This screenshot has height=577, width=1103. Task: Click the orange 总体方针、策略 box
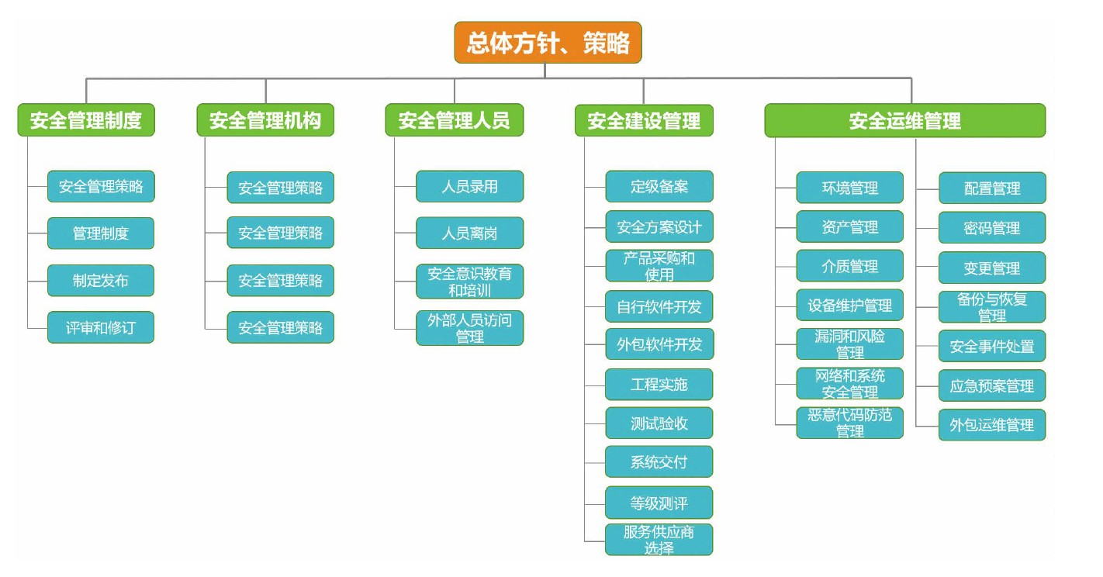pos(548,43)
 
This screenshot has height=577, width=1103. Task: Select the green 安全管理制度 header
pos(86,120)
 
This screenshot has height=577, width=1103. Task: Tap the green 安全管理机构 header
pos(265,120)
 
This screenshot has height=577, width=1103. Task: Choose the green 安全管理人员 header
pos(455,120)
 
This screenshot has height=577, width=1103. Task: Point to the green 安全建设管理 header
pos(644,120)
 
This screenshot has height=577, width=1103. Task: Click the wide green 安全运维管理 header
pos(904,120)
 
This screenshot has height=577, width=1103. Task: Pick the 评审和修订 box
pos(101,327)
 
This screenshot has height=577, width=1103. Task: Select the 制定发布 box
pos(101,281)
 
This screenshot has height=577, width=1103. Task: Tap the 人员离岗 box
pos(469,233)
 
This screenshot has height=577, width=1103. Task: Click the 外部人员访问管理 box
pos(469,328)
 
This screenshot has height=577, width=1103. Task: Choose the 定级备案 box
pos(659,187)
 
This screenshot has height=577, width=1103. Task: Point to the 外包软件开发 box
pos(659,344)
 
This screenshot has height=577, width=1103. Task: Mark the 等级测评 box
pos(659,503)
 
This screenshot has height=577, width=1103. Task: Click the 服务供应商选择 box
pos(659,540)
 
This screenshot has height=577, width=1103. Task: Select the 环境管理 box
pos(849,188)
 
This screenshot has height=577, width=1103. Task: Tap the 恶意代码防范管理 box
pos(849,423)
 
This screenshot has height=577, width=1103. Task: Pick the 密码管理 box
pos(992,228)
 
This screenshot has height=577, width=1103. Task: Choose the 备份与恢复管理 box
pos(992,307)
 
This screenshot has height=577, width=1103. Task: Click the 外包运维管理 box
pos(992,425)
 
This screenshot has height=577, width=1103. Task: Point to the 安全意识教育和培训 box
pos(469,282)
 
